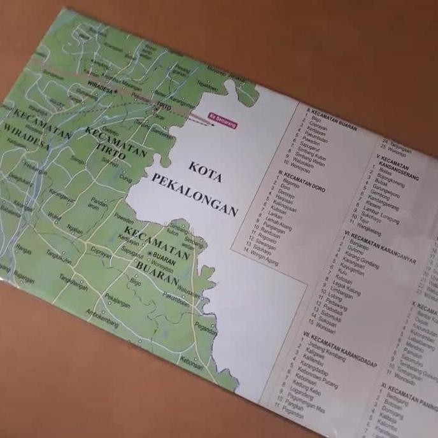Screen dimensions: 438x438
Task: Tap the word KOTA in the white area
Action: (206, 171)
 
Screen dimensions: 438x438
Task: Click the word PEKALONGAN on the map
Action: (194, 194)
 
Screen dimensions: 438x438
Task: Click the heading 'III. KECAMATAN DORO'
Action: (302, 176)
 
